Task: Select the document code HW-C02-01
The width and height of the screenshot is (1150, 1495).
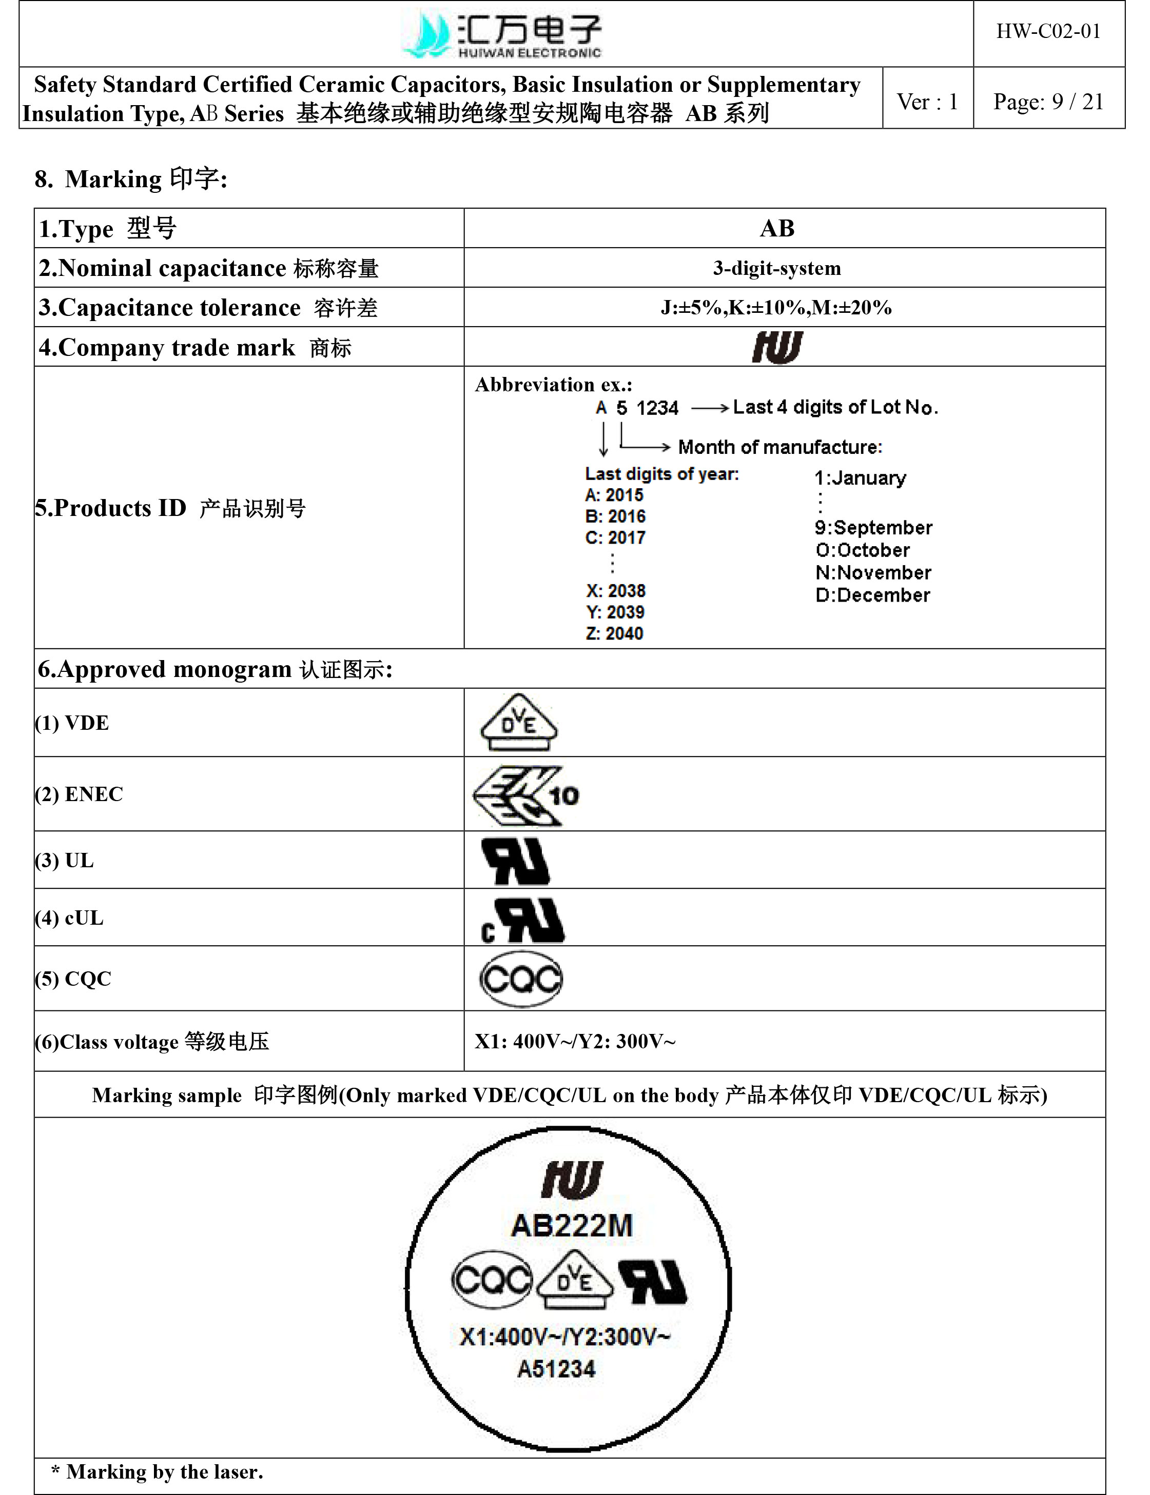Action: coord(1048,31)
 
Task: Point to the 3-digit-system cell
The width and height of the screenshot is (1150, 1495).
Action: coord(777,268)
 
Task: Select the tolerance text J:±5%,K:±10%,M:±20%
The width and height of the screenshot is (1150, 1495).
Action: coord(776,308)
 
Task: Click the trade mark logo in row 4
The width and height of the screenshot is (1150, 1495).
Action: coord(777,347)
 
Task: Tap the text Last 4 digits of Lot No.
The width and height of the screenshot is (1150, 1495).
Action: coord(835,408)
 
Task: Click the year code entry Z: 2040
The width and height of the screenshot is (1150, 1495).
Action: coord(615,633)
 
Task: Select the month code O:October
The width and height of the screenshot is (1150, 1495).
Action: coord(863,550)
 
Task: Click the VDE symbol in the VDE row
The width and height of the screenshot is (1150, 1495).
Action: coord(519,723)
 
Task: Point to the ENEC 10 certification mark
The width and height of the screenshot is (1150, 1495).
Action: coord(525,795)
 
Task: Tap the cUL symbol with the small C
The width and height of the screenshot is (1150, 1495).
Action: coord(523,920)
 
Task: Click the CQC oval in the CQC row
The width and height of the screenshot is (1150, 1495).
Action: coord(521,979)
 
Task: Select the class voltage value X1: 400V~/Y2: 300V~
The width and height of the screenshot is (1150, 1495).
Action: coord(575,1041)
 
